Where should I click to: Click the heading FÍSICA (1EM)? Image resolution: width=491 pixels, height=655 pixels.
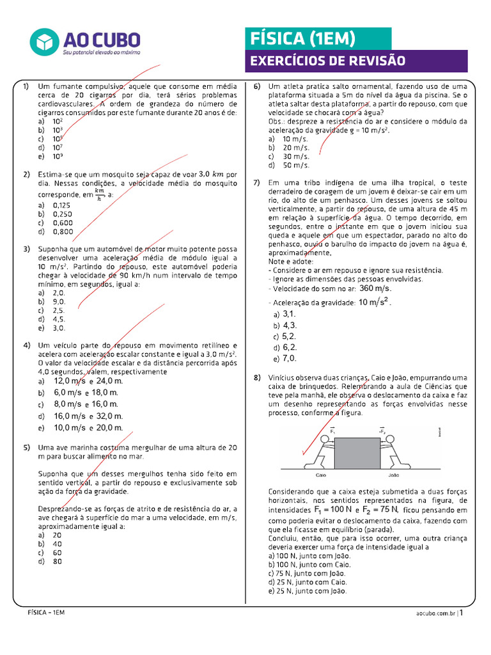tap(302, 38)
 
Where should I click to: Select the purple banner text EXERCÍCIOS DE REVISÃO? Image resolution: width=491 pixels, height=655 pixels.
tap(327, 61)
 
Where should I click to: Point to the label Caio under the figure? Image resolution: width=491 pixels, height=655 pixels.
tap(323, 475)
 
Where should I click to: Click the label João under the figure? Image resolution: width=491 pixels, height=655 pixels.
tap(394, 475)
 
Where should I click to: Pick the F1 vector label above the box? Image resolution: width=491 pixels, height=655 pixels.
tap(334, 432)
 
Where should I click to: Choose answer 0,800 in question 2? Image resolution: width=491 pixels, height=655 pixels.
tap(63, 232)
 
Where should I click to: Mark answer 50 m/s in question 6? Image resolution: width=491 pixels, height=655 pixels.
tap(295, 165)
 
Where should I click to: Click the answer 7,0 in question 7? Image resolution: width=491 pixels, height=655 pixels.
tap(289, 359)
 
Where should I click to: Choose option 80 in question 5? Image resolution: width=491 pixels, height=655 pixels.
tap(58, 562)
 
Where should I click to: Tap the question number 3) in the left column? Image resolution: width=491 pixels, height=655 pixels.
tap(27, 249)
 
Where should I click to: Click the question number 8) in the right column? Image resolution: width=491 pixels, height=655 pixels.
tap(257, 378)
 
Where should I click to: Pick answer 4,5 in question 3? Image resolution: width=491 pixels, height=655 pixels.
tap(59, 319)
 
